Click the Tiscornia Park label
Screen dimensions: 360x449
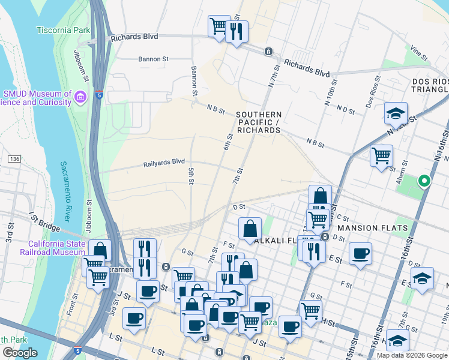coord(62,29)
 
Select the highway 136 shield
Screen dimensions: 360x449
coord(14,158)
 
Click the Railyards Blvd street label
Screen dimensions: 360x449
coord(164,162)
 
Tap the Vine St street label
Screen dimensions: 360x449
coord(420,55)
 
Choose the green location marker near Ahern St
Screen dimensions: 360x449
coord(424,180)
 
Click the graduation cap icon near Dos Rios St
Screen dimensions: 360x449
coord(396,113)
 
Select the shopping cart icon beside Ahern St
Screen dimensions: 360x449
coord(381,156)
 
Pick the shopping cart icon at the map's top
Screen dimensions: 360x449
coord(219,26)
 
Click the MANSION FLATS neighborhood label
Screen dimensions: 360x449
coord(372,228)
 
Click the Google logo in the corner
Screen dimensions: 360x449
coord(20,352)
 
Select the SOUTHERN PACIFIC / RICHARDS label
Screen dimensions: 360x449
coord(258,122)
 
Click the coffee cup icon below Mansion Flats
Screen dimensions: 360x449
coord(360,253)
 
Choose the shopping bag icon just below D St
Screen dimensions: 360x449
coord(250,228)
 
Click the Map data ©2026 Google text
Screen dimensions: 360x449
coord(412,355)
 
